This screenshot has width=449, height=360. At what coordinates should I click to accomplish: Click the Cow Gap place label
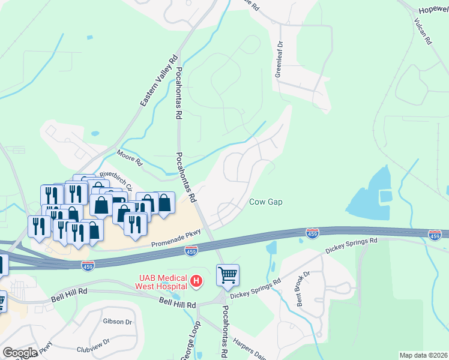point(265,202)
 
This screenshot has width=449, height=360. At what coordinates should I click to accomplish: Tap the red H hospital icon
point(195,280)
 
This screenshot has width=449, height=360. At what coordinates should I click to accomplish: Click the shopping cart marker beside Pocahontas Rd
point(228,275)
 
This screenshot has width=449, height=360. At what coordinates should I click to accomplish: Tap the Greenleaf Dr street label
point(279,59)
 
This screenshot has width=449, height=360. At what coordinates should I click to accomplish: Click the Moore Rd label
point(130,158)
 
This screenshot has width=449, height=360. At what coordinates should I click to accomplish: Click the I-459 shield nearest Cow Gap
point(312,232)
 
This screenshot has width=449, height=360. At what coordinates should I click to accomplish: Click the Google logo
point(20,352)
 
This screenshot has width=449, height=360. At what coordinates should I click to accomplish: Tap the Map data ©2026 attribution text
point(423,355)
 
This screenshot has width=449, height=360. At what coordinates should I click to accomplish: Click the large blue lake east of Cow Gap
point(368,193)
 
